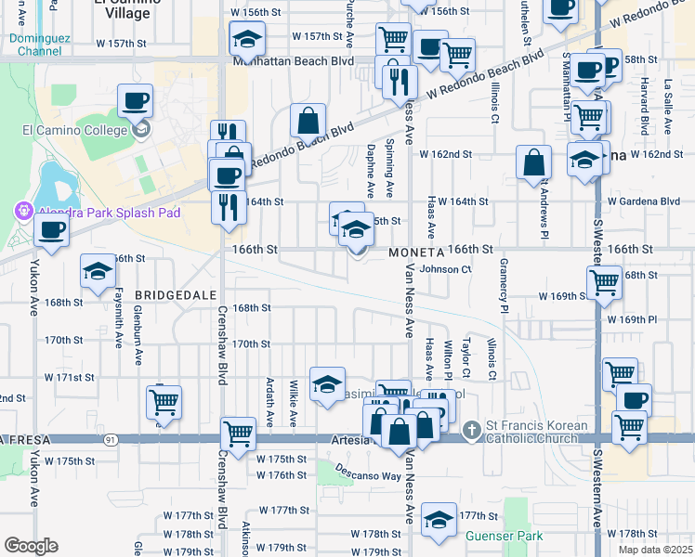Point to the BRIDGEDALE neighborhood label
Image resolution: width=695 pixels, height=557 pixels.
coord(169,294)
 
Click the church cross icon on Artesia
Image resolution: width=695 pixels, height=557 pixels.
coord(473,429)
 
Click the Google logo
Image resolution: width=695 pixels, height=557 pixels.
coord(32,545)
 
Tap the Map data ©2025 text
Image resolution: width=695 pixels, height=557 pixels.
coord(655,550)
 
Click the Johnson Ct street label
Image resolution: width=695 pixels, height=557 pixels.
coord(447,269)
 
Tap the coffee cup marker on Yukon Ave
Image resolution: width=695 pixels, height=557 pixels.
coord(51,230)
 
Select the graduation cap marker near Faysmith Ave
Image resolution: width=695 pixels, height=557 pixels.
coord(98,271)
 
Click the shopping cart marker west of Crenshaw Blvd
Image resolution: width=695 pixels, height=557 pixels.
coord(164,402)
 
